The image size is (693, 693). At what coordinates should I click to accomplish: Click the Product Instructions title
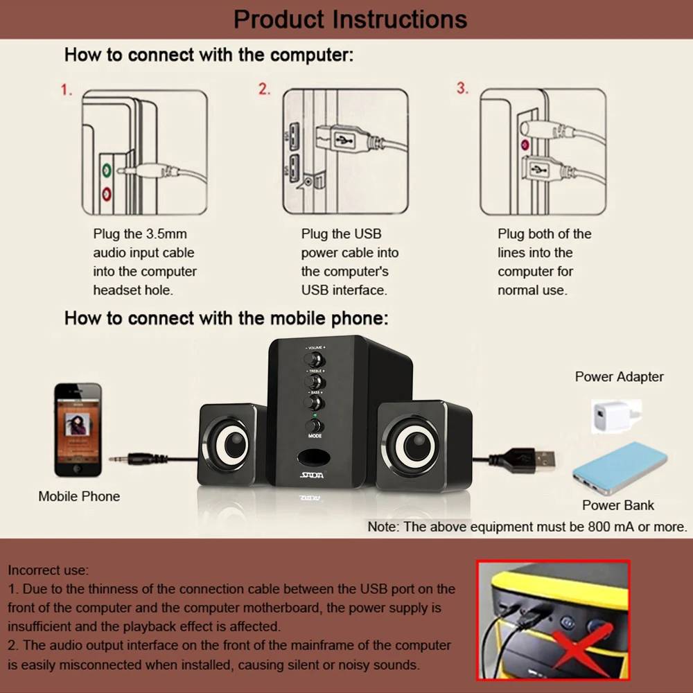click(350, 19)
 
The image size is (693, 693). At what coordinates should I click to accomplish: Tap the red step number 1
click(66, 89)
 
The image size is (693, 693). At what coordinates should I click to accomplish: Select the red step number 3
click(462, 89)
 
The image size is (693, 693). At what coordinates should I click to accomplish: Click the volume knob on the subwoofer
click(315, 360)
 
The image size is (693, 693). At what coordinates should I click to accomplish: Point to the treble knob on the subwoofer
click(315, 382)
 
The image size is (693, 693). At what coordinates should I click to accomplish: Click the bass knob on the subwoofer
click(315, 403)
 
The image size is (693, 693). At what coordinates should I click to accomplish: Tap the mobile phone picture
click(78, 430)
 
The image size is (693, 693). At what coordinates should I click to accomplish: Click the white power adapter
click(611, 415)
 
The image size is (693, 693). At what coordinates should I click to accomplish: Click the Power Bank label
click(618, 505)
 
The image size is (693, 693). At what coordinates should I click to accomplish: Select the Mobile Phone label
click(79, 496)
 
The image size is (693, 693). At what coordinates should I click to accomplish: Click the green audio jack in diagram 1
click(106, 169)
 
